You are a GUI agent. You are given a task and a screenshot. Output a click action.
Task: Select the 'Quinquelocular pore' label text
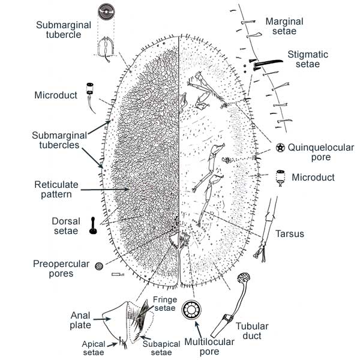point(320,152)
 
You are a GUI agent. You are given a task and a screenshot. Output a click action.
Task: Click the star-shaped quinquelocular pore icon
point(280,148)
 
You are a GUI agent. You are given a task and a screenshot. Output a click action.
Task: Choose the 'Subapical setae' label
point(157,349)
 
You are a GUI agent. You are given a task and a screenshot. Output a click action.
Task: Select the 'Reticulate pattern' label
point(53,189)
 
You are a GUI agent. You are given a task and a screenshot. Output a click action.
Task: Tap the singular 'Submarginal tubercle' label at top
point(62,31)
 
